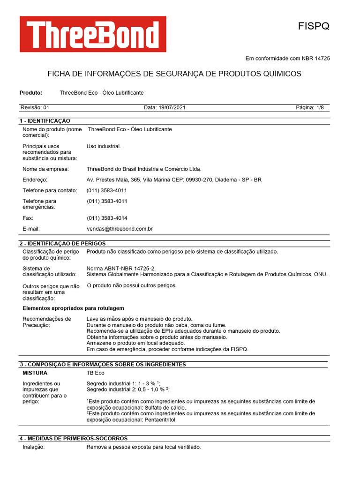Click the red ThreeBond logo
(x=93, y=34)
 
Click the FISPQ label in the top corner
(x=314, y=26)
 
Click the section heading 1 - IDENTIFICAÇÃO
(x=45, y=121)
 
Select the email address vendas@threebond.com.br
(x=120, y=229)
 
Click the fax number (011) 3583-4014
(x=107, y=218)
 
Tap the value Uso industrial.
(x=104, y=146)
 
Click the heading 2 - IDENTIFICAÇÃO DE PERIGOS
(x=62, y=243)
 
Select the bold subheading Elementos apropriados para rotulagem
(x=74, y=308)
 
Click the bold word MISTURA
(x=35, y=373)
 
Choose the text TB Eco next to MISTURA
(x=96, y=373)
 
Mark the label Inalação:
(x=34, y=447)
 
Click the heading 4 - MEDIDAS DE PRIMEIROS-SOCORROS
(x=73, y=438)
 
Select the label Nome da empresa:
(x=46, y=169)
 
